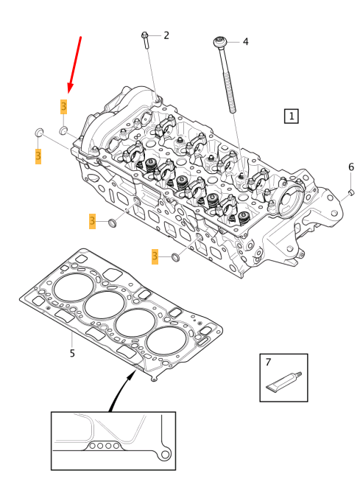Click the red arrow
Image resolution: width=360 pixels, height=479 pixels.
pos(73,63)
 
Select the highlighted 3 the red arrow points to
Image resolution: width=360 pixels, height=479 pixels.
pos(64,107)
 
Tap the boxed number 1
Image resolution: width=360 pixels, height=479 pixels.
pos(292,116)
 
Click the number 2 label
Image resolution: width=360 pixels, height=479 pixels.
pos(166,35)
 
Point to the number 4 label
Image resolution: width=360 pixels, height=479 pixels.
pos(245,42)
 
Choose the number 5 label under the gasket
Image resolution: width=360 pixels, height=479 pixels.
pos(72,353)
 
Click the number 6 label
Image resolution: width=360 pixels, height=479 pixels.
pos(351,167)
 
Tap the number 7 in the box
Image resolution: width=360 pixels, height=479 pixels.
pos(269,362)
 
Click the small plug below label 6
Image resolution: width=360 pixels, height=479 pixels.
pos(350,192)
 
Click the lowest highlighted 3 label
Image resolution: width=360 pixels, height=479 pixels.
pos(155,256)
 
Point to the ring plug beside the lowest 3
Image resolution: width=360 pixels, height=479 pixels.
pos(176,257)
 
